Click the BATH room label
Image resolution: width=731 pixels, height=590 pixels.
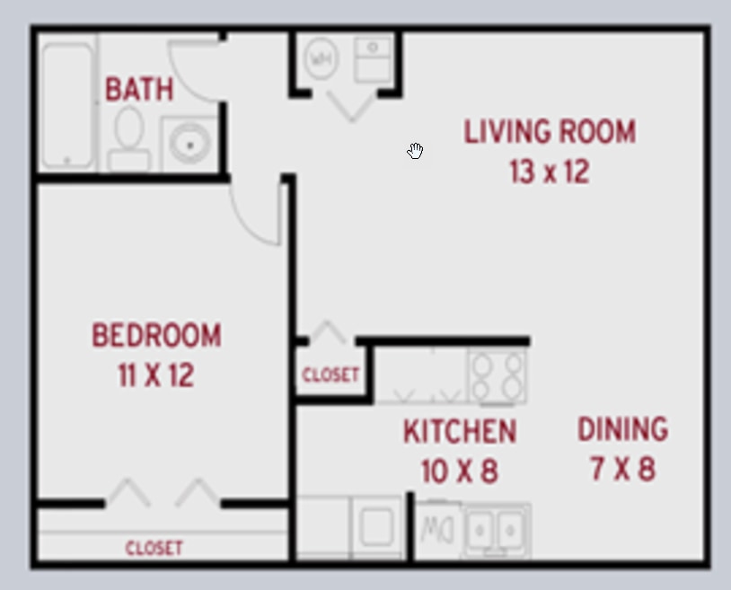point(139,89)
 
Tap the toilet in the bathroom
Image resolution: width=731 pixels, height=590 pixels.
point(128,138)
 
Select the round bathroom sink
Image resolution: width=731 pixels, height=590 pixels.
point(189,142)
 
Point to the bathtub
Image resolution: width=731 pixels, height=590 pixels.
point(67,103)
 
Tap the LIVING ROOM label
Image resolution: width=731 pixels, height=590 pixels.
point(550,132)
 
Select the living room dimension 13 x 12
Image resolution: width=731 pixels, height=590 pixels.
point(550,171)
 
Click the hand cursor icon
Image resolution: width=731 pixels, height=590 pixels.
point(415,151)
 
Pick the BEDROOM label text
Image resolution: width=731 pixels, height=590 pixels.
point(156,336)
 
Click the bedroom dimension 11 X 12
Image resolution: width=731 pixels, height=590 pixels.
point(155,375)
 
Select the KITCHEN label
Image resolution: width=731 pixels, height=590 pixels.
point(460,432)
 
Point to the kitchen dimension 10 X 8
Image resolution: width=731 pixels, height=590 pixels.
point(460,471)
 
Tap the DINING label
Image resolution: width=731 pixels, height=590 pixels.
point(622,429)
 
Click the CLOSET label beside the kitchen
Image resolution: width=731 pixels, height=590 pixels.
point(330,374)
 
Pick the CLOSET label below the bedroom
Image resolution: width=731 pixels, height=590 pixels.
point(154,548)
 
